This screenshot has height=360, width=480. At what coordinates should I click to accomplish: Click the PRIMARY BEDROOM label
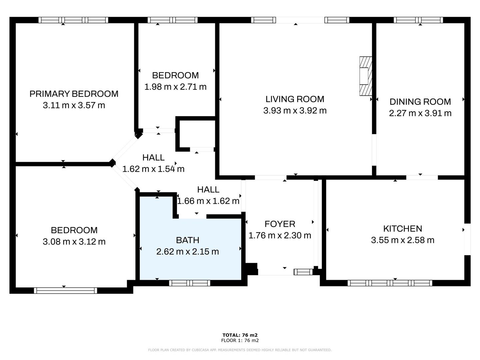74,94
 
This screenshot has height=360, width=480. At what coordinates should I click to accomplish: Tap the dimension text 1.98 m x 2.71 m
175,87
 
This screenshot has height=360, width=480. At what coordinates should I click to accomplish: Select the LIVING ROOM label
295,99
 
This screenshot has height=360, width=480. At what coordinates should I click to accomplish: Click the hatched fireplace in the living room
365,76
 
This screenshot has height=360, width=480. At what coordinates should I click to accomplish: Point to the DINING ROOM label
420,102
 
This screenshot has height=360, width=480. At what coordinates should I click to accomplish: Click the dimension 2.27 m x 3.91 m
420,113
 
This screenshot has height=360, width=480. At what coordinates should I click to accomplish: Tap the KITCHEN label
402,229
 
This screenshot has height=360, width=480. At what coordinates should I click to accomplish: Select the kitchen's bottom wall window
390,283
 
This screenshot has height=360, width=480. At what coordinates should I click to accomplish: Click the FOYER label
280,224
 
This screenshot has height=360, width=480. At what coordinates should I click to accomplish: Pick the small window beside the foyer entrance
303,272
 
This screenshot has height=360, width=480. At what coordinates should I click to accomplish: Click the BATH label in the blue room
187,240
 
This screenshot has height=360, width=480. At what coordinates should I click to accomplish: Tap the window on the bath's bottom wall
190,283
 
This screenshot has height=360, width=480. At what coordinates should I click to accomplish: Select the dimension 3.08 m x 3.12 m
74,242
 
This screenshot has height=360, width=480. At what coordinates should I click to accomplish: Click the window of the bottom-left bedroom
65,290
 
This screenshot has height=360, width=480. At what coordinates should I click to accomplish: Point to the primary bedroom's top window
73,20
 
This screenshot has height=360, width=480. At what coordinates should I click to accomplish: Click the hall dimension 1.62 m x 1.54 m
153,169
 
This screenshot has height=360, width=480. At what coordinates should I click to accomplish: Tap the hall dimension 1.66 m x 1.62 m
208,201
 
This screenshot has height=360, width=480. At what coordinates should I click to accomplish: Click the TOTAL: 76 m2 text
240,335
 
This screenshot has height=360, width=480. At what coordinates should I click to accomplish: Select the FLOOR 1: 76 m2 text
240,340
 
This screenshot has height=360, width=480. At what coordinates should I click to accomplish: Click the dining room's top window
418,20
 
